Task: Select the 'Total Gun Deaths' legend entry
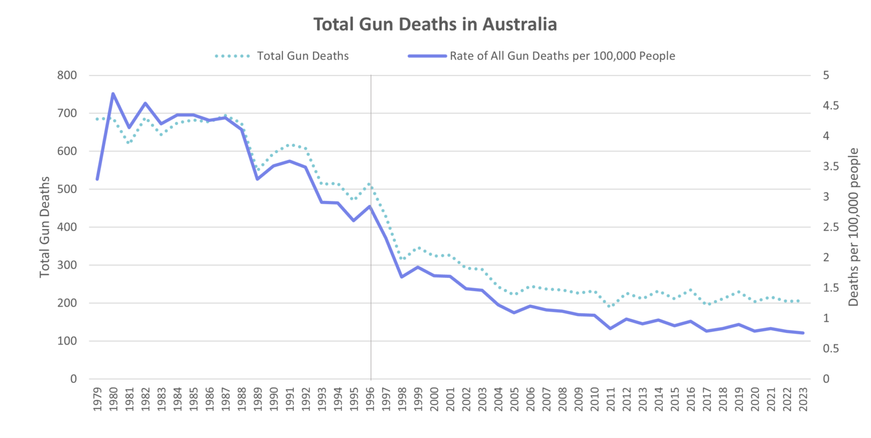tap(302, 56)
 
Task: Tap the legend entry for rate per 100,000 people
tap(562, 56)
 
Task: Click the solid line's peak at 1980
tap(113, 94)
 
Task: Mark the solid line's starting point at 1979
tap(98, 179)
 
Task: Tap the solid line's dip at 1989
tap(257, 179)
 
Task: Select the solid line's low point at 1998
tap(401, 277)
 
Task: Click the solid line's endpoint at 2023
tap(803, 333)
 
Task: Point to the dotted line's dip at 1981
tap(129, 142)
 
